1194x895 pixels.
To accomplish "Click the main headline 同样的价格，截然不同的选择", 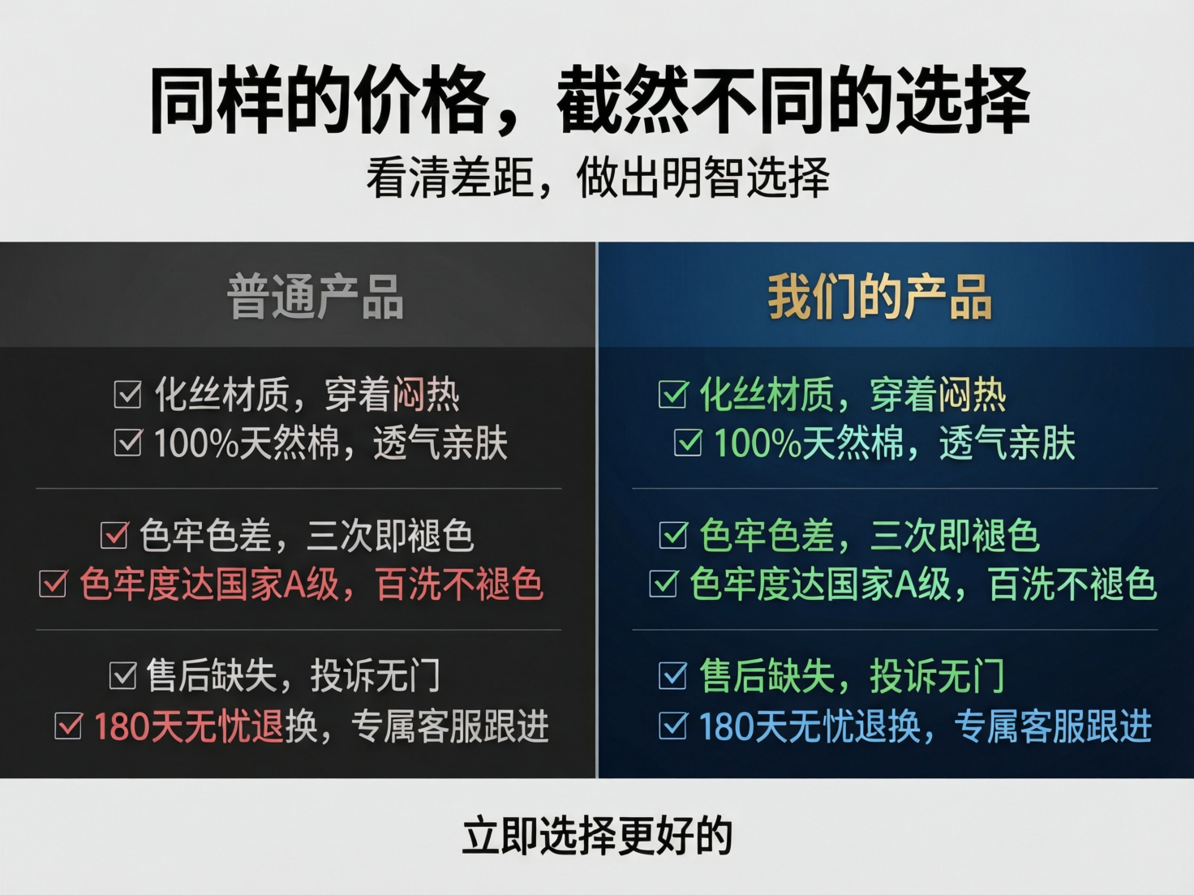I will (590, 101).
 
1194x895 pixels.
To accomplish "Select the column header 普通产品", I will (316, 297).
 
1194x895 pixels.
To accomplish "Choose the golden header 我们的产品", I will (879, 297).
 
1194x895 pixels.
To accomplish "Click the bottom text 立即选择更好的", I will (597, 836).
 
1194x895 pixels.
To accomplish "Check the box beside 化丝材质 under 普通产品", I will (127, 395).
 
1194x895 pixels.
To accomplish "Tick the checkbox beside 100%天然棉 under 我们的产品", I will (688, 443).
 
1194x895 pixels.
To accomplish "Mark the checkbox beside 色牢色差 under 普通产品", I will (114, 535).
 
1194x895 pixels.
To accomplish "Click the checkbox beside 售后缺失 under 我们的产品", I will (672, 675).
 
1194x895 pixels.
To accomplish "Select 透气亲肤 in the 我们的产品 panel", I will (1007, 443).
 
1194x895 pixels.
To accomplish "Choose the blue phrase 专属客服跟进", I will (1053, 726).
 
